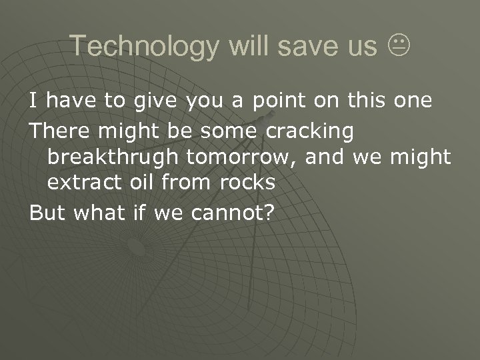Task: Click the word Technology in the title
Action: pos(145,46)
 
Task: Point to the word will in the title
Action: pos(248,46)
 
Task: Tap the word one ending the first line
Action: pos(412,101)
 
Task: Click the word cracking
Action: pos(311,131)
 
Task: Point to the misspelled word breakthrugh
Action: pos(113,157)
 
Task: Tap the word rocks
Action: pos(247,182)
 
